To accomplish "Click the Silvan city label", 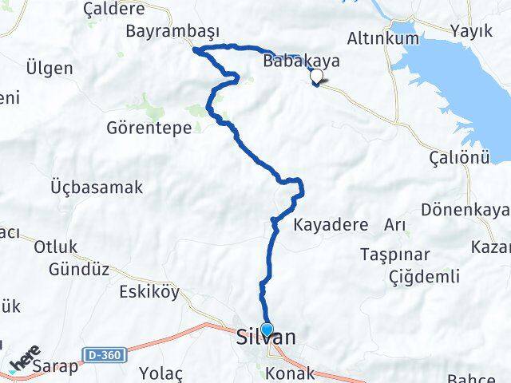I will tap(267, 338).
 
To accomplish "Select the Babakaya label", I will tap(301, 61).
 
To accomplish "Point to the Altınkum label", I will tap(383, 38).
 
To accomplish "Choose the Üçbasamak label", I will tap(97, 188).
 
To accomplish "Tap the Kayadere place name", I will tap(331, 224).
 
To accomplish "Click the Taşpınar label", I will tap(395, 255).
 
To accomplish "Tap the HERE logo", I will tap(26, 360).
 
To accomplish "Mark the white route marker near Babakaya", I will tap(317, 77).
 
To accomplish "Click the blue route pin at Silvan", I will tap(267, 330).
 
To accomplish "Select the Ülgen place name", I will tap(49, 68).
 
